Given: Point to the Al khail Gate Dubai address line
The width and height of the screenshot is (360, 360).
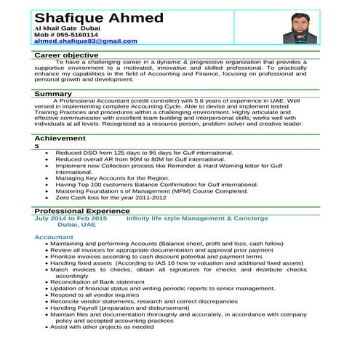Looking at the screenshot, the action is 66,26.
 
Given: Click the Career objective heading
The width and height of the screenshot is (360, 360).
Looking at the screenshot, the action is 67,55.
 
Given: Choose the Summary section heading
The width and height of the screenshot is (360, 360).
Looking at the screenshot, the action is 53,94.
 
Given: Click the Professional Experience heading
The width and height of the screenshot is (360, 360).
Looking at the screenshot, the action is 81,211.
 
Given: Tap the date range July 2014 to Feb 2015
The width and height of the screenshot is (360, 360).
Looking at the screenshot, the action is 71,218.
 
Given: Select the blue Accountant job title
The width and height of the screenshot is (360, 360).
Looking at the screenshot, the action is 54,237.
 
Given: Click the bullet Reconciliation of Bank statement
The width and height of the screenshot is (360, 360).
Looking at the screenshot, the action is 97,282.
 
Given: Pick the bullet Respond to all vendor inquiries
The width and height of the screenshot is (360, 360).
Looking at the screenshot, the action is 95,295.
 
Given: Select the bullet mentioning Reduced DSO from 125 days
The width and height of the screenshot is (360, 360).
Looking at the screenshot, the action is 144,153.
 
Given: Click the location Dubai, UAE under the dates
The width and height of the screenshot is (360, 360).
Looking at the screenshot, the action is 71,225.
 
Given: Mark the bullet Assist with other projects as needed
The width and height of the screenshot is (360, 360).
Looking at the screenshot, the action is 103,327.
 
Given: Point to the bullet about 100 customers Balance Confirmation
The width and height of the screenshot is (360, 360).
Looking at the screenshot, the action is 156,185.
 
